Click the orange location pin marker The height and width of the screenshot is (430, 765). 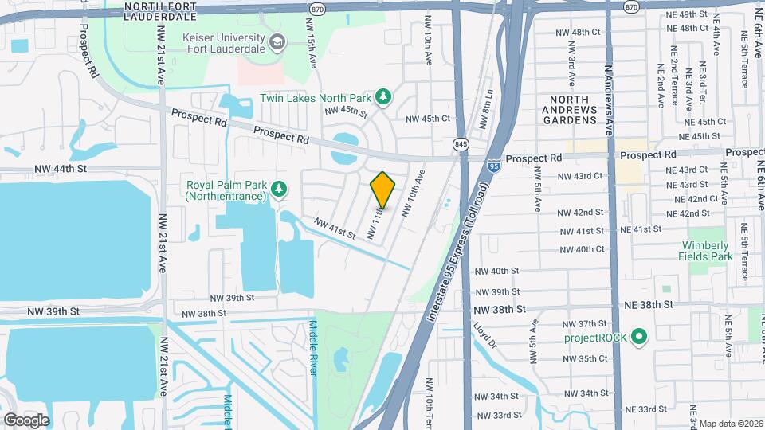[x=382, y=190]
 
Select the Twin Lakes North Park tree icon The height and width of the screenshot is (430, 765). [x=383, y=97]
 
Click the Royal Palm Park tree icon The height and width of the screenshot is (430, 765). [x=278, y=189]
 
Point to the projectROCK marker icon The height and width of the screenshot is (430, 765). [x=638, y=338]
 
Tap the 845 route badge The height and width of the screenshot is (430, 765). [x=460, y=144]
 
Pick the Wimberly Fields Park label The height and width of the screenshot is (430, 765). [x=705, y=251]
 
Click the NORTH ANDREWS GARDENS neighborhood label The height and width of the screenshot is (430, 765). [x=570, y=115]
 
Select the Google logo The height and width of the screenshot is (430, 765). [x=26, y=420]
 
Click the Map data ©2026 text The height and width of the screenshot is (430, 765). [x=730, y=424]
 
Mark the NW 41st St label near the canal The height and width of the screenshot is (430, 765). [x=334, y=229]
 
